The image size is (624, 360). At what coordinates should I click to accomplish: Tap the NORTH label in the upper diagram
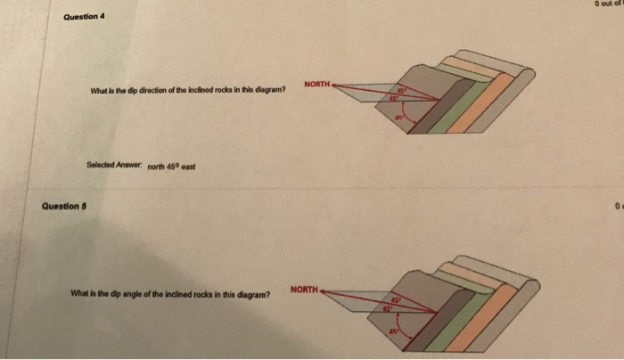316,85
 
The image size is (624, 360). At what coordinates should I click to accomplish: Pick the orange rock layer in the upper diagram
496,98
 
